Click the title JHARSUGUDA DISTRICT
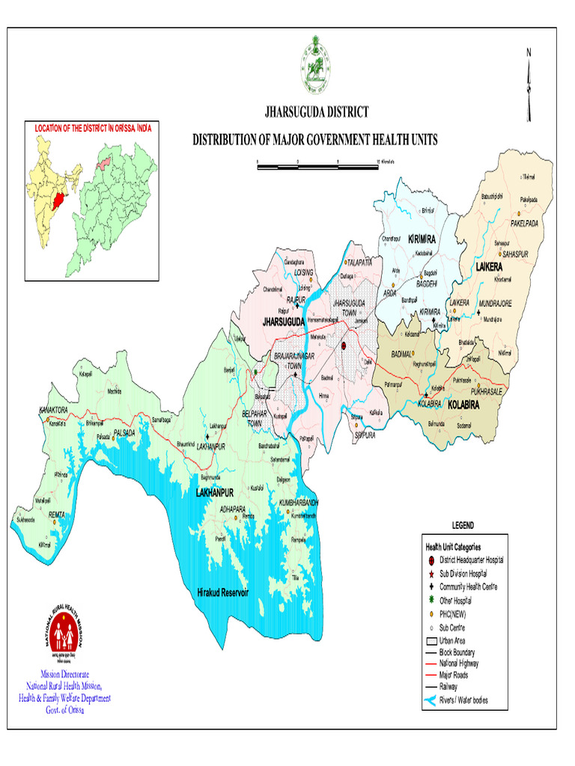[x=317, y=112]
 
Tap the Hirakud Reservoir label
[x=222, y=592]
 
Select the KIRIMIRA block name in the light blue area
[x=422, y=239]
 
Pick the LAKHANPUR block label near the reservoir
[x=216, y=494]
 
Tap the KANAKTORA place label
[x=54, y=411]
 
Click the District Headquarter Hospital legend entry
[x=471, y=560]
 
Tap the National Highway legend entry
[x=459, y=663]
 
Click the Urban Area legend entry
[x=454, y=641]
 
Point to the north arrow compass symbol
[x=529, y=86]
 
